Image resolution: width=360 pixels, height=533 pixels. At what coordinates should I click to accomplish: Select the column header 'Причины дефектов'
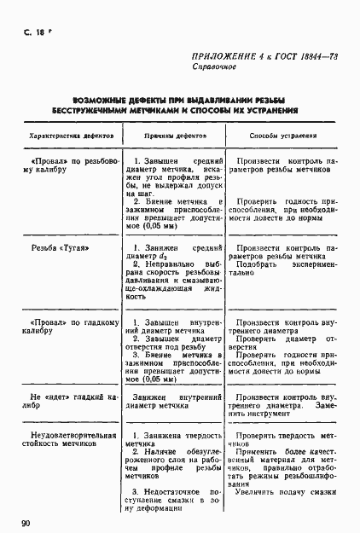172,136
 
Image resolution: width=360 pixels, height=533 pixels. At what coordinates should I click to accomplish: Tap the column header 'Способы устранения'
283,136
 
